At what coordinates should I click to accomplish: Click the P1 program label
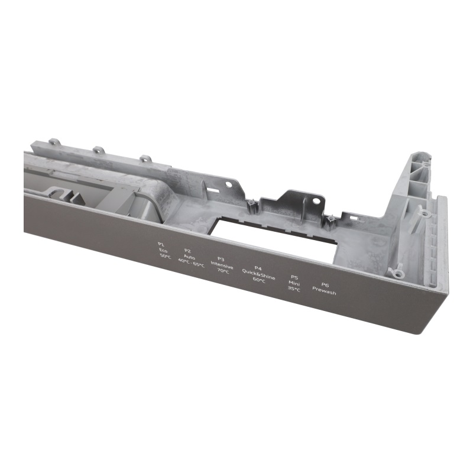[x=161, y=244]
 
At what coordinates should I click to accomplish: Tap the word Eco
[x=163, y=250]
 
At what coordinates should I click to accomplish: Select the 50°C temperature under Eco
[x=165, y=256]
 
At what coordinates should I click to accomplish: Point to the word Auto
[x=189, y=257]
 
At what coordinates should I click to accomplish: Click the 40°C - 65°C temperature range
[x=191, y=264]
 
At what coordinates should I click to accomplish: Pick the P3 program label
[x=221, y=258]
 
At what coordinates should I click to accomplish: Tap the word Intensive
[x=222, y=265]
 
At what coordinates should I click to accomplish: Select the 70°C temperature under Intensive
[x=223, y=271]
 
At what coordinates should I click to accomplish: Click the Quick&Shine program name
[x=258, y=274]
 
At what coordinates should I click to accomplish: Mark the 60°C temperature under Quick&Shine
[x=259, y=280]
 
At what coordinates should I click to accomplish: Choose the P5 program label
[x=294, y=277]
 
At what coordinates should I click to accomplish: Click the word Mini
[x=294, y=283]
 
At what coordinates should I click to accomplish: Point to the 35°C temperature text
[x=294, y=290]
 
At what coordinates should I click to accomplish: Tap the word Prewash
[x=324, y=291]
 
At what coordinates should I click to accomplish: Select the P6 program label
[x=325, y=284]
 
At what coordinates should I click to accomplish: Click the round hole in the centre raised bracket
[x=316, y=201]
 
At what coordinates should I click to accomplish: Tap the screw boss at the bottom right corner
[x=398, y=273]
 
